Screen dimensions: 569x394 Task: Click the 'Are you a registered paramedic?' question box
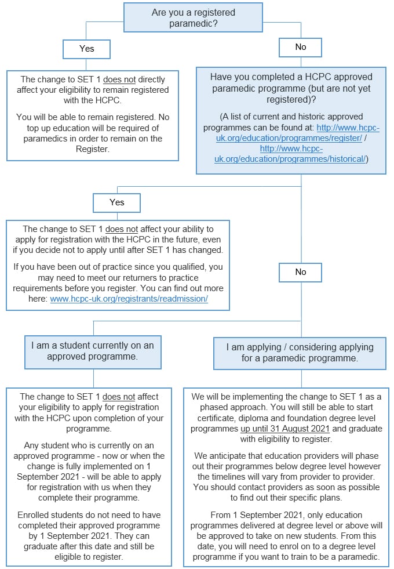point(193,17)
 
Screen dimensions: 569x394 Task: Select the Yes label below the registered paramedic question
point(86,49)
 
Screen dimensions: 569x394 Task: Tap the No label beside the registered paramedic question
point(300,47)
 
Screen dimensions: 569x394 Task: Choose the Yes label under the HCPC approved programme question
point(116,202)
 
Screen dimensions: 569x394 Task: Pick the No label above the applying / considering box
point(300,271)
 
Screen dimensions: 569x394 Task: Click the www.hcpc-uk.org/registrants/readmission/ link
point(129,299)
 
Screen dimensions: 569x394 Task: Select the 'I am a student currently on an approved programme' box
point(93,351)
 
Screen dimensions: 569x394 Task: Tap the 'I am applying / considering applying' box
point(300,353)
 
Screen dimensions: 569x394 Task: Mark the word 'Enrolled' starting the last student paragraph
point(34,514)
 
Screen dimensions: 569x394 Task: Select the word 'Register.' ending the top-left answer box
point(92,148)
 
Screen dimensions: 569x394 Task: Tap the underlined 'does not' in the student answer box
point(119,397)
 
